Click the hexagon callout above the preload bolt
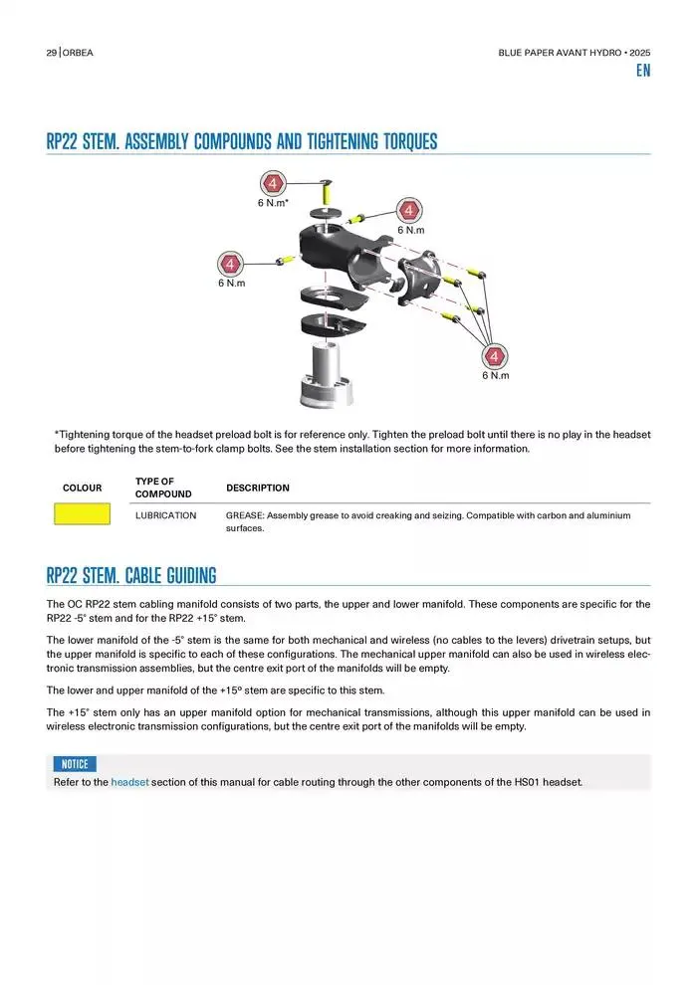point(273,183)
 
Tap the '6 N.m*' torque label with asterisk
point(273,203)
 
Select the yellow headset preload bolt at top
point(327,190)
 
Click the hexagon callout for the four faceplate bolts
point(495,356)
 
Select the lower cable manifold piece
point(333,324)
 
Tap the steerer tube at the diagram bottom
point(327,374)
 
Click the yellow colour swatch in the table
point(83,513)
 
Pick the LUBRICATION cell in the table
point(166,515)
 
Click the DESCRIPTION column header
point(258,488)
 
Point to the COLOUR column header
point(83,488)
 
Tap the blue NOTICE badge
point(75,764)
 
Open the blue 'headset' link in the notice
point(130,782)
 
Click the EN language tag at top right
point(643,71)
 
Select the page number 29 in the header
point(52,53)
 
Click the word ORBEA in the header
point(78,53)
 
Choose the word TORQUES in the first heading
point(410,141)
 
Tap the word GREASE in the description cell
point(245,515)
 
